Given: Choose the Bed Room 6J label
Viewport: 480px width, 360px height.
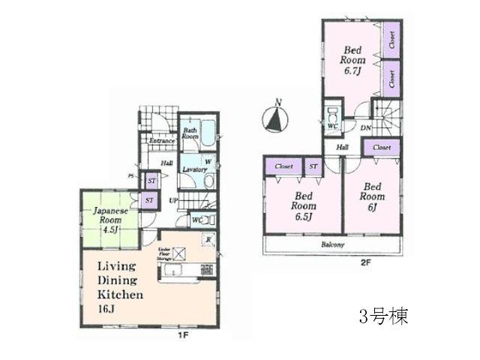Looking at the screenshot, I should [370, 196].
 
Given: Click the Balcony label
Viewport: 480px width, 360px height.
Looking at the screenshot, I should [333, 245].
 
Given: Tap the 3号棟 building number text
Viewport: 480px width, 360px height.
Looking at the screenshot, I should [383, 316].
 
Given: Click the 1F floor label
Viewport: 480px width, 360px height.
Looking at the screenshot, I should [183, 335].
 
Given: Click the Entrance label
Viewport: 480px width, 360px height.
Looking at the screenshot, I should [161, 140].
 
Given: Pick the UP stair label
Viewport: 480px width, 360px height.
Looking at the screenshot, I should [173, 200].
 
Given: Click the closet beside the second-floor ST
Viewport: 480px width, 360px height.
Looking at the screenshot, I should [283, 166].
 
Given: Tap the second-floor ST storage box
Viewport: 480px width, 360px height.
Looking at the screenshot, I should [313, 166].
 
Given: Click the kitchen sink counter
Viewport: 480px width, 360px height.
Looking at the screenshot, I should [180, 271].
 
